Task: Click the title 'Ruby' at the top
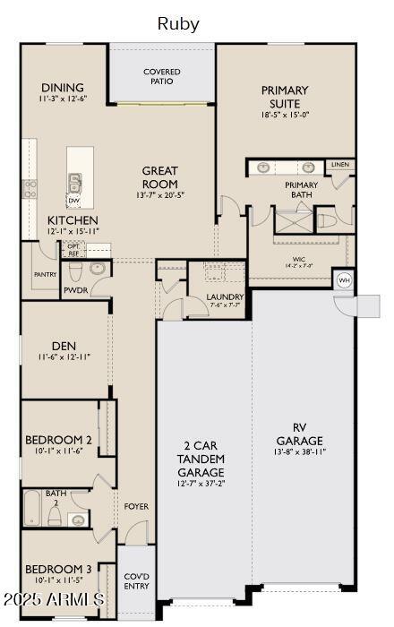tap(178, 24)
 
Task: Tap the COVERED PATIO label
tap(162, 76)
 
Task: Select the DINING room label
tap(62, 88)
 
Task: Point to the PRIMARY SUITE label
tap(285, 96)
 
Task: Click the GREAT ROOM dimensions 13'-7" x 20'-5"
tap(160, 194)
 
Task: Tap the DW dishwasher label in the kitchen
tap(74, 201)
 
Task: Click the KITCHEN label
tap(73, 219)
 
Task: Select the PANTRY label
tap(45, 274)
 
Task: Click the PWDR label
tap(74, 291)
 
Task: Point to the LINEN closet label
tap(339, 165)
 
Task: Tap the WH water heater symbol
tap(343, 280)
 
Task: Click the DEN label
tap(64, 345)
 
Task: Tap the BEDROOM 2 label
tap(59, 440)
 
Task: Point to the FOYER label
tap(136, 506)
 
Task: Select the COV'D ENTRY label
tap(137, 581)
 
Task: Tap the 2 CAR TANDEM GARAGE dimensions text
tap(201, 483)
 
